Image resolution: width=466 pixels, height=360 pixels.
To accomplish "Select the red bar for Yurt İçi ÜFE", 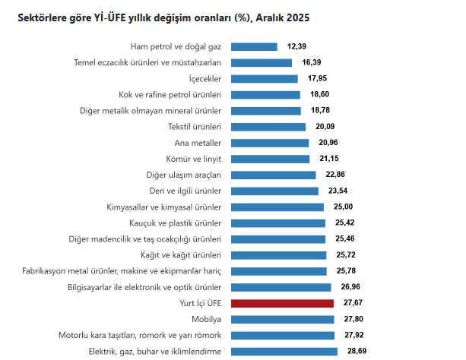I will click(282, 303).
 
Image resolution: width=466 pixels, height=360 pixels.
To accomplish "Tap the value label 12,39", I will click(296, 46).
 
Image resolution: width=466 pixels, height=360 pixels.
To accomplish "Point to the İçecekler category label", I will click(204, 79).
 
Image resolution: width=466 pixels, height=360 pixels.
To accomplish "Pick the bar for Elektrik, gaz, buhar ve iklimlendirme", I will click(284, 351).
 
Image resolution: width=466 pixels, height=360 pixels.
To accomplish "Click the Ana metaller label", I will click(198, 143).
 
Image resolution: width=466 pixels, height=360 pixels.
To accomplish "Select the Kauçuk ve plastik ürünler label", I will click(176, 223).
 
